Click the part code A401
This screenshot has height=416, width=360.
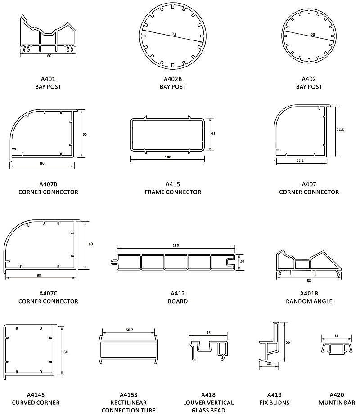48,79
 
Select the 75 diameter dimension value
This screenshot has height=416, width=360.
174,34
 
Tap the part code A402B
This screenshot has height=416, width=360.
173,79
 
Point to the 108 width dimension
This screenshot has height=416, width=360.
168,157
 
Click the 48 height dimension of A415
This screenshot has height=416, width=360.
213,134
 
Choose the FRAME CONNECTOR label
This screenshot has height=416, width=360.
173,192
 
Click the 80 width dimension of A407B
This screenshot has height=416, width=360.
42,163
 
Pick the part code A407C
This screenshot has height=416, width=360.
48,293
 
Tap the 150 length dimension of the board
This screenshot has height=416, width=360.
176,246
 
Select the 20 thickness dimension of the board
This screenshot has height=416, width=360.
242,261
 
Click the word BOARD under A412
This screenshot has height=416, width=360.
178,301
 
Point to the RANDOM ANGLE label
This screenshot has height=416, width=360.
309,301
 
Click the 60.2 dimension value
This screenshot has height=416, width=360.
130,330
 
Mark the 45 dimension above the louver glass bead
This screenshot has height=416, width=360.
208,333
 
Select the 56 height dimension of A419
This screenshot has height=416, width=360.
288,342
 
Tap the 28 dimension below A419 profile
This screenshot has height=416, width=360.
269,363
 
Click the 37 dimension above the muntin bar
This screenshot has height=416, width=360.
337,336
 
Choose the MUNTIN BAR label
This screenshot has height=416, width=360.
337,403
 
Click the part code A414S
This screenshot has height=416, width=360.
36,395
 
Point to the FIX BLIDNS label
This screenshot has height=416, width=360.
274,403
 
